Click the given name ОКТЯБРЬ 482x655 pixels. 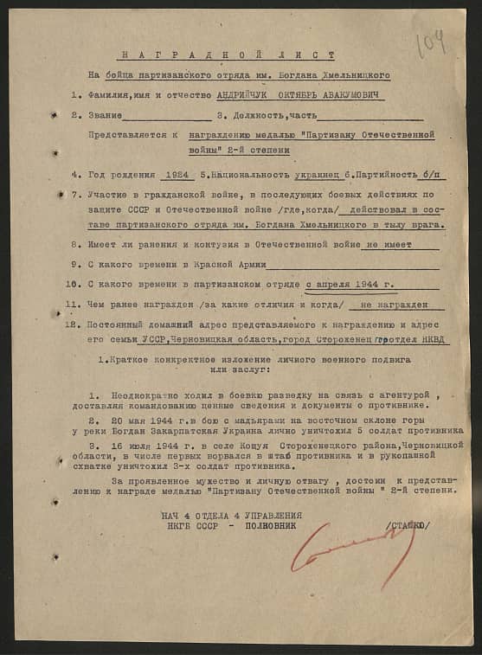[303, 94]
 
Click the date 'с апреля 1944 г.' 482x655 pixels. [351, 283]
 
